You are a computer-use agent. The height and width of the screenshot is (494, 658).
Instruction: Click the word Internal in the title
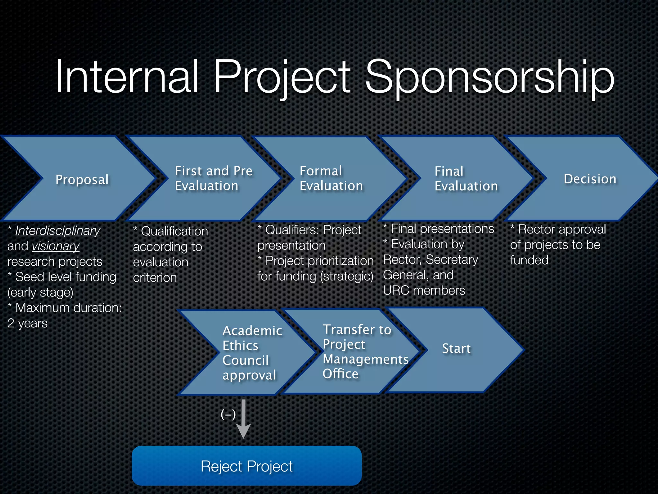point(127,77)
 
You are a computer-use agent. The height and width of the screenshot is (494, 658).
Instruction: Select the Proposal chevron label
point(82,179)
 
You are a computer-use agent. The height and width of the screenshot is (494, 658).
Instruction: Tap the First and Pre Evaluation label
point(213,178)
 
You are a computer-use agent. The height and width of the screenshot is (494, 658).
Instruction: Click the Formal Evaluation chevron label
point(331,178)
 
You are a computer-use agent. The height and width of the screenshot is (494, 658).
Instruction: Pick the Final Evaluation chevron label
point(466,179)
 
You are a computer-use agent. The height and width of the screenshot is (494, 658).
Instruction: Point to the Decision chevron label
point(590,179)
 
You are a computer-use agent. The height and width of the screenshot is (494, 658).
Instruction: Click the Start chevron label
point(456,349)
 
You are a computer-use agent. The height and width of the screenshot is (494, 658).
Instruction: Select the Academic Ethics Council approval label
point(252,353)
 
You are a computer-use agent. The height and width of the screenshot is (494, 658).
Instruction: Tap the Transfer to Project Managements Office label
point(365,352)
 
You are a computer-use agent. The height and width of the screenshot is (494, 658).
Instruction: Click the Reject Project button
point(246,466)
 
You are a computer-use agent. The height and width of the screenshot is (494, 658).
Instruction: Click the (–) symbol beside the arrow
point(228,414)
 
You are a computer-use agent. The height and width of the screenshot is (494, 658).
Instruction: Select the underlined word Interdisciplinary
point(58,231)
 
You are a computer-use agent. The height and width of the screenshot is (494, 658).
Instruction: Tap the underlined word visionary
point(56,246)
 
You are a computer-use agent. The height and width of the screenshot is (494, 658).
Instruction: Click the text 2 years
point(28,323)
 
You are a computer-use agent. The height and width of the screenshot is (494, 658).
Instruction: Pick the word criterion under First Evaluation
point(155,278)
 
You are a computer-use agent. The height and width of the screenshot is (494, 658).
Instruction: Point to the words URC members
point(424,290)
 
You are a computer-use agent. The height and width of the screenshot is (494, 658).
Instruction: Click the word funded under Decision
point(529,260)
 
